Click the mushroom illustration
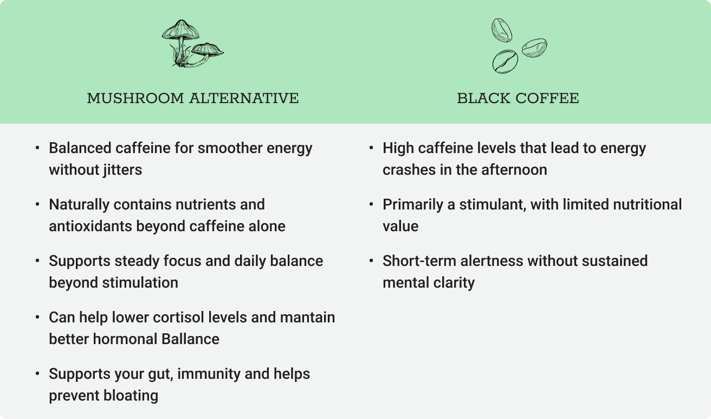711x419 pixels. pyautogui.click(x=192, y=43)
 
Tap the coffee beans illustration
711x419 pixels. pyautogui.click(x=519, y=46)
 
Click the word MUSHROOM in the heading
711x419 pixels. pyautogui.click(x=135, y=98)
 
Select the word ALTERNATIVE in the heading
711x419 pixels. pyautogui.click(x=244, y=98)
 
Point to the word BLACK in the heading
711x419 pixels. pyautogui.click(x=483, y=98)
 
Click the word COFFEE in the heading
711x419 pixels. pyautogui.click(x=547, y=98)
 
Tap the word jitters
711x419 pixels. pyautogui.click(x=122, y=170)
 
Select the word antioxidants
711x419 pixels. pyautogui.click(x=91, y=226)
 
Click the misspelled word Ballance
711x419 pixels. pyautogui.click(x=190, y=339)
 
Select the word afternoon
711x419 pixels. pyautogui.click(x=514, y=170)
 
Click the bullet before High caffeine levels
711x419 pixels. pyautogui.click(x=371, y=148)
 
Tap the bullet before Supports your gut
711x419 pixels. pyautogui.click(x=37, y=374)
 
